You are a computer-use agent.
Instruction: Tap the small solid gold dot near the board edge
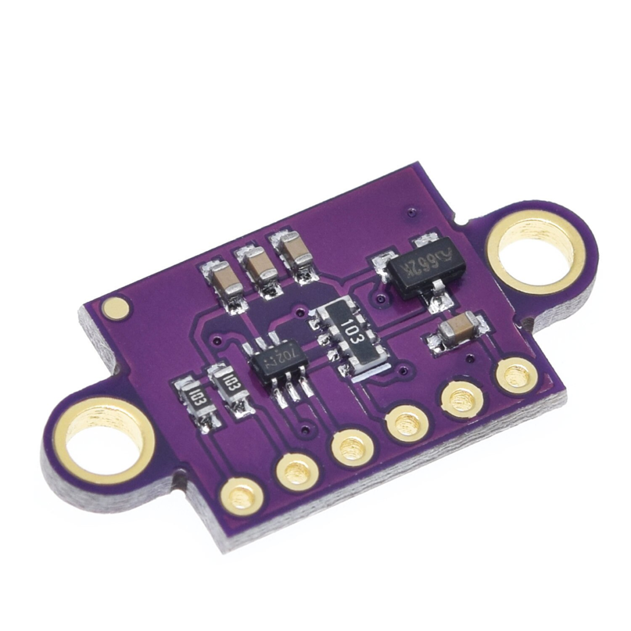[x=115, y=307]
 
